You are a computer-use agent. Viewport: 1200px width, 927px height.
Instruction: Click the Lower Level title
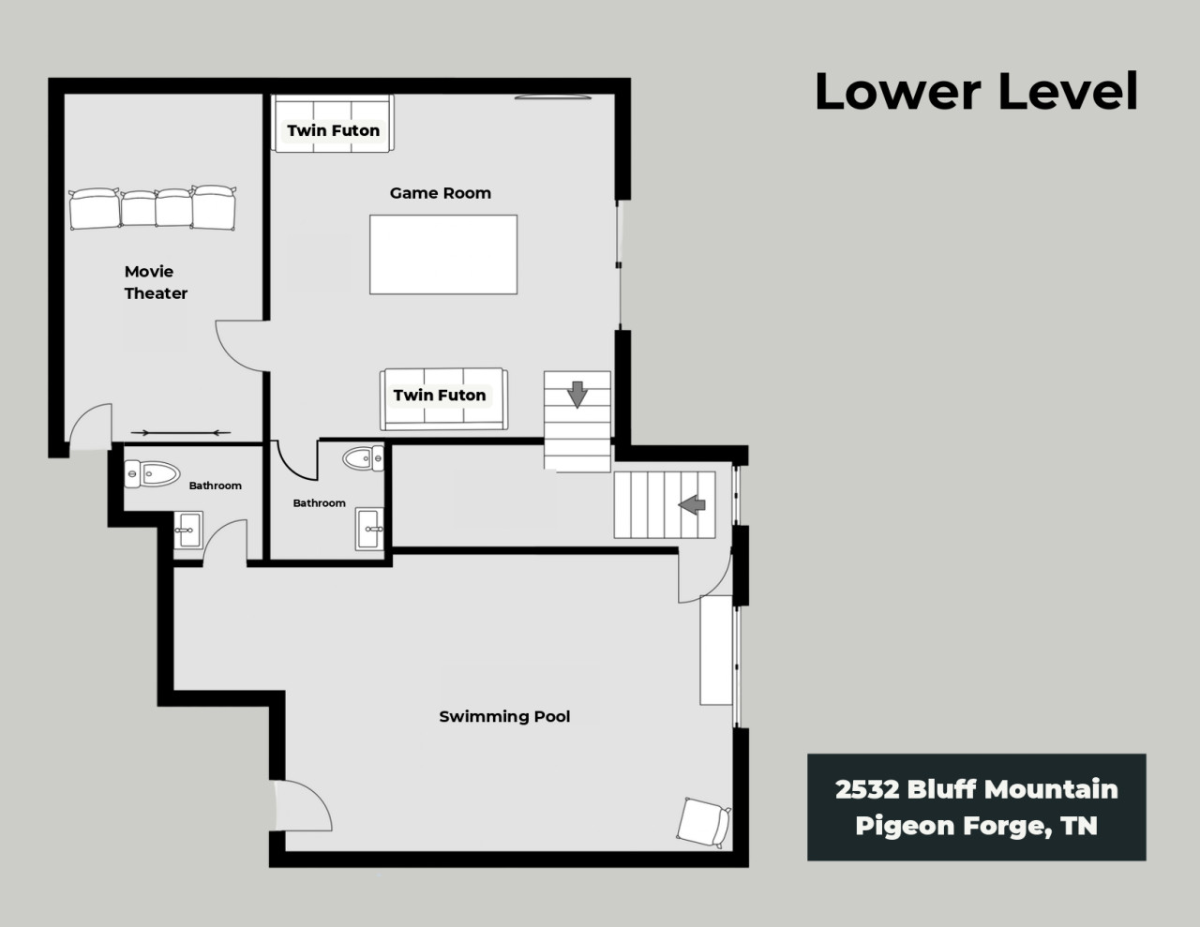[x=976, y=91]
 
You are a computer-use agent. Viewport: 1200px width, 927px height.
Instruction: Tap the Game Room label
[x=440, y=193]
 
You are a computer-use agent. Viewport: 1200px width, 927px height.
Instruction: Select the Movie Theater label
[x=156, y=282]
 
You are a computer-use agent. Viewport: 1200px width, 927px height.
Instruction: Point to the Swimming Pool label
[x=504, y=716]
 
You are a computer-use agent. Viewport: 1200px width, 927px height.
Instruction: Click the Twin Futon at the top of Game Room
[x=333, y=123]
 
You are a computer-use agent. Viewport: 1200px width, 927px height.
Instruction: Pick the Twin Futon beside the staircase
[x=443, y=399]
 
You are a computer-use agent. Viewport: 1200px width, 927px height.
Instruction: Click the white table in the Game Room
[x=443, y=255]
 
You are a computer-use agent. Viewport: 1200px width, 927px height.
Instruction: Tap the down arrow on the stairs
[x=577, y=395]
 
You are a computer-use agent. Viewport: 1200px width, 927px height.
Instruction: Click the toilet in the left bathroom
[x=152, y=474]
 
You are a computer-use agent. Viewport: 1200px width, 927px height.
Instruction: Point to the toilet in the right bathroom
[x=363, y=458]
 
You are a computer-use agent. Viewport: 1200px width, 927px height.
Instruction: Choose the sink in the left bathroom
[x=188, y=530]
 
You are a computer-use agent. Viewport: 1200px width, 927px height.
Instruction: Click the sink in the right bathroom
[x=369, y=529]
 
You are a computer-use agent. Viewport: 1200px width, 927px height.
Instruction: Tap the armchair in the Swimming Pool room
[x=703, y=822]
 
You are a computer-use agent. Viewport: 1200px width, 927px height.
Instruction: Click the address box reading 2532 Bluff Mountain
[x=976, y=807]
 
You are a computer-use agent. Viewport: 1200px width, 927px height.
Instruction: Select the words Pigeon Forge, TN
[x=976, y=826]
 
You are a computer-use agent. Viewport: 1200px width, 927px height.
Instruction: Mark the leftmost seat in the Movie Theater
[x=95, y=209]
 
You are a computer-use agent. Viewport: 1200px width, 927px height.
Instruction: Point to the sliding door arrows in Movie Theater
[x=181, y=433]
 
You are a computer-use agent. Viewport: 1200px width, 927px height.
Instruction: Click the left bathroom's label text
[x=216, y=486]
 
